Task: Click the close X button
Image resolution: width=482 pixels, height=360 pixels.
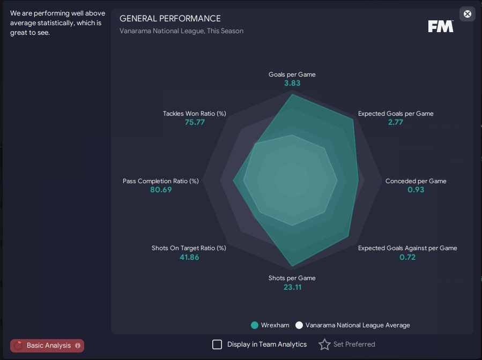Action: pyautogui.click(x=467, y=14)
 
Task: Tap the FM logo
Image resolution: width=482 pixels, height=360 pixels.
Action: pyautogui.click(x=441, y=26)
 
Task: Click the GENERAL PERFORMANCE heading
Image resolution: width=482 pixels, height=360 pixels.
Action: pyautogui.click(x=170, y=18)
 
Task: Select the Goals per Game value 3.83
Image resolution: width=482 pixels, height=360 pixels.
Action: pyautogui.click(x=292, y=83)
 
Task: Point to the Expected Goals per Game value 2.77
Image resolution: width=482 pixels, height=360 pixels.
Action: pyautogui.click(x=395, y=122)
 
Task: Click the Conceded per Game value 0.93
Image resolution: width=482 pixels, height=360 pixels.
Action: pyautogui.click(x=416, y=190)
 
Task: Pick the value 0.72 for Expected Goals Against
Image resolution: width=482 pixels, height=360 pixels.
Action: pyautogui.click(x=407, y=257)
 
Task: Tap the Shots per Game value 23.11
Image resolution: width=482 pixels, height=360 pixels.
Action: pyautogui.click(x=292, y=287)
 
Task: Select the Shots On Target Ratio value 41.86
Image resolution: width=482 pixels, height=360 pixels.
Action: pyautogui.click(x=189, y=257)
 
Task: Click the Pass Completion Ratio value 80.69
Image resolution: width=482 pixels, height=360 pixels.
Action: pyautogui.click(x=161, y=190)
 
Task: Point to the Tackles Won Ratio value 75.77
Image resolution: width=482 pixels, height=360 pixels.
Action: pyautogui.click(x=195, y=122)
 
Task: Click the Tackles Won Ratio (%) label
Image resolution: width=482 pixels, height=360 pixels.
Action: pyautogui.click(x=194, y=114)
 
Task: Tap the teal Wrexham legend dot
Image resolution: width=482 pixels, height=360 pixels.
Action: pyautogui.click(x=255, y=325)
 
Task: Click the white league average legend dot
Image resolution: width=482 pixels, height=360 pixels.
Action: pyautogui.click(x=299, y=325)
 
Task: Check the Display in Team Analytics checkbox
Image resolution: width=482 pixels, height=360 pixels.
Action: pyautogui.click(x=217, y=344)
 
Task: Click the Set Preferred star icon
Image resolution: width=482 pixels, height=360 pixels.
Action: pyautogui.click(x=324, y=344)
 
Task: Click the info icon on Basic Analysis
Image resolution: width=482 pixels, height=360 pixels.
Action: pyautogui.click(x=78, y=346)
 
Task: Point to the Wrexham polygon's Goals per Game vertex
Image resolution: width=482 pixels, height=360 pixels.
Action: pyautogui.click(x=292, y=94)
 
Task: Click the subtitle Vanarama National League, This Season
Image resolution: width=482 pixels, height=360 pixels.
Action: pyautogui.click(x=181, y=31)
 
